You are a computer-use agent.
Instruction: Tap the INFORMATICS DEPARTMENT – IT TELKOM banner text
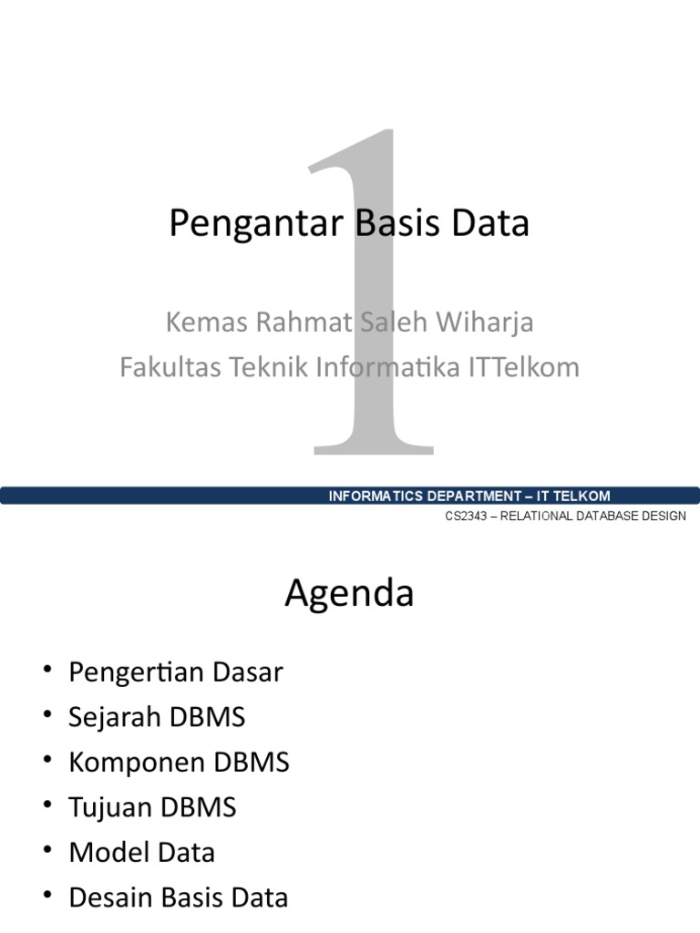468,496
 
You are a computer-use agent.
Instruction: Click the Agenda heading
349,594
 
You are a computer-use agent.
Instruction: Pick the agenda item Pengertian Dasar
176,673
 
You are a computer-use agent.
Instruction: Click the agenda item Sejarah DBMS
157,718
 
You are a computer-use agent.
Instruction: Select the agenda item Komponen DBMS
179,763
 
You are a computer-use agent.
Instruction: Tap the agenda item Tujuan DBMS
152,807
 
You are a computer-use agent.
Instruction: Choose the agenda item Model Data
142,853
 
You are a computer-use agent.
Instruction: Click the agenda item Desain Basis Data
178,897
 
